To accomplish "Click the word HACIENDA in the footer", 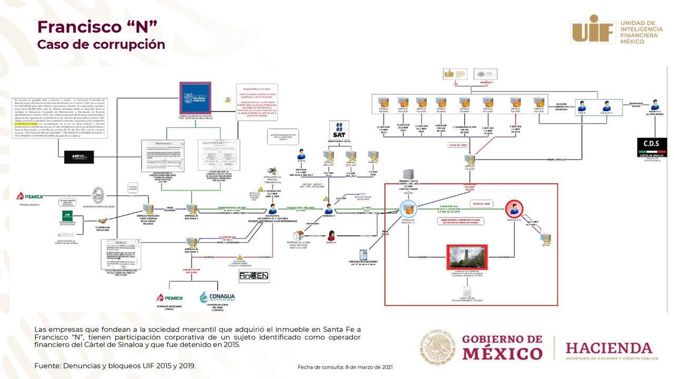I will click(x=609, y=348).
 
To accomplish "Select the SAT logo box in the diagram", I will click(x=339, y=129).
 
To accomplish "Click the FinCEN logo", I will click(x=254, y=275).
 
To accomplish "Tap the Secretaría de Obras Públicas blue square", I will click(x=195, y=97).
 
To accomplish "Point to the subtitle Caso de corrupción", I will click(x=101, y=45).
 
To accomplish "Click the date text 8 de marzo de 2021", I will click(x=369, y=367).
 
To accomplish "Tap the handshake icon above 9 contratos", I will click(x=102, y=221).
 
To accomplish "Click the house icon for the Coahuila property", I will click(x=299, y=235).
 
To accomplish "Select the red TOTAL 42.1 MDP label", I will click(x=481, y=204).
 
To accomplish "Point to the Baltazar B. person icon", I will click(x=272, y=210).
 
